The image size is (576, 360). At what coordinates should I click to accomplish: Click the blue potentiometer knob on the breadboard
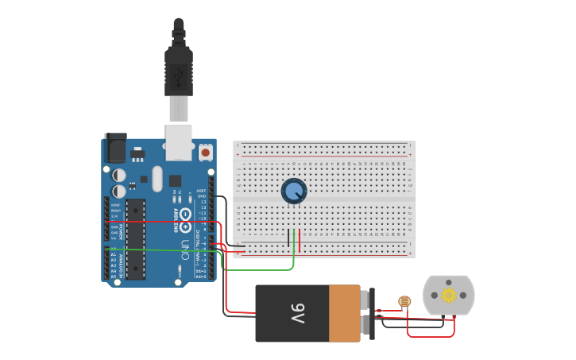294,191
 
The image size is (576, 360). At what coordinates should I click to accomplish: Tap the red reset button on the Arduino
206,152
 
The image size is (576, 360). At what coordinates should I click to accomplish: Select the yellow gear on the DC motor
449,296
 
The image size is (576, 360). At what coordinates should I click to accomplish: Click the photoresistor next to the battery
404,301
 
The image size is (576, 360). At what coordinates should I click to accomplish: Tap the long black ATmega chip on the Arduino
135,239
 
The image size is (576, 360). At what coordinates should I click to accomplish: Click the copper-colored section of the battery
344,313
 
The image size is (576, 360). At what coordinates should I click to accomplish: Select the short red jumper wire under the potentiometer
300,239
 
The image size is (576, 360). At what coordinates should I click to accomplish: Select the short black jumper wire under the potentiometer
288,239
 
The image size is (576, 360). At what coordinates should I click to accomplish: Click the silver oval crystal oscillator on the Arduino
157,179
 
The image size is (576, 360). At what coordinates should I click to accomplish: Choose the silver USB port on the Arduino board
179,137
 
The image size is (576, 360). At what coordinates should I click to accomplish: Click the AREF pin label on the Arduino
202,191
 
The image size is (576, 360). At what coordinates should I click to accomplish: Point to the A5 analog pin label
112,276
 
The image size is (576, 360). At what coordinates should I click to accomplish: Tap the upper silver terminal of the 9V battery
366,300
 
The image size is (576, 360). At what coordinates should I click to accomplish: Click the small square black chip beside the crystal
175,180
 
